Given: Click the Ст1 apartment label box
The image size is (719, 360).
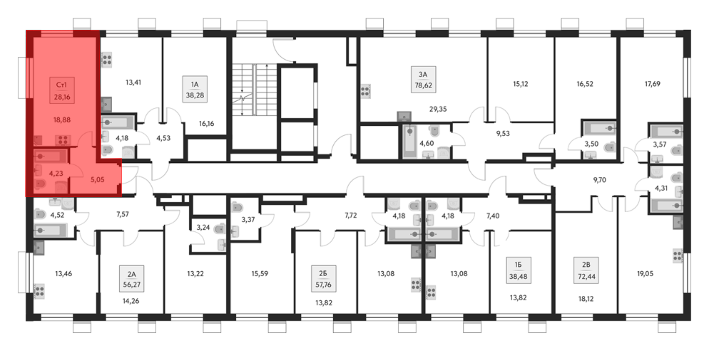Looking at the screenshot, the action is click(62, 90).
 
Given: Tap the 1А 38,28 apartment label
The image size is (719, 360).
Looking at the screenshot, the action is click(195, 89).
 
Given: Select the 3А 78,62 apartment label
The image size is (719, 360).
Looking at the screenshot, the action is click(423, 80).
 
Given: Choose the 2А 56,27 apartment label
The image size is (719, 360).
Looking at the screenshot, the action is click(132, 279).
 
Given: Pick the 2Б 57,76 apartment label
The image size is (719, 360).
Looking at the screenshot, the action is click(323, 279).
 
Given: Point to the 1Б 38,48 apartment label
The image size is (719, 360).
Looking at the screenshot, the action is click(518, 270).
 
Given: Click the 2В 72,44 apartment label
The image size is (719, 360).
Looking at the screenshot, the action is click(586, 270).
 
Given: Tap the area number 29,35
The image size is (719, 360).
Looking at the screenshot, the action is click(438, 109).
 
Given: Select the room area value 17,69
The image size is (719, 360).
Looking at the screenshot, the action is click(652, 84).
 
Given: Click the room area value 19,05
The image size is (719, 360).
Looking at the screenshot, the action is click(645, 273).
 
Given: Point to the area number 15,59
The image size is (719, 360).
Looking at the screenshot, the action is click(260, 273).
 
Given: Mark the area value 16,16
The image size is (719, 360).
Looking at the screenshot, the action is click(206, 124).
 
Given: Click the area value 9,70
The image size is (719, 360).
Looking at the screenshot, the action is click(599, 180).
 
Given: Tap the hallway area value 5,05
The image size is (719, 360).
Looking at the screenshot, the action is click(97, 179).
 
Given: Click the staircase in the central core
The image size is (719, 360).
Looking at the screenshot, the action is click(254, 89).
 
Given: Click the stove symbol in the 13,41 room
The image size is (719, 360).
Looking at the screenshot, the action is click(106, 60).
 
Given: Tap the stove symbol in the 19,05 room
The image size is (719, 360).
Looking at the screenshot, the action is click(678, 256).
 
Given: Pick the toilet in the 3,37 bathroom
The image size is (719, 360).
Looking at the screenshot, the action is click(237, 207).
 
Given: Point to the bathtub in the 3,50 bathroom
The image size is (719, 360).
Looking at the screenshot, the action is click(599, 128).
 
